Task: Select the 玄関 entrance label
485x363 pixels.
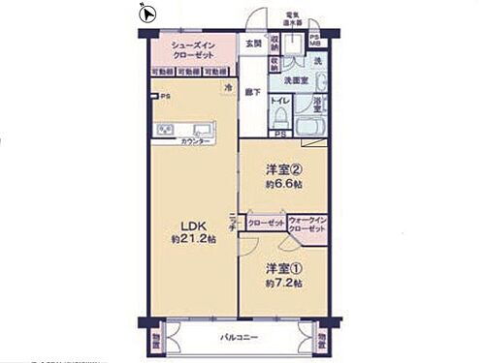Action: point(252,45)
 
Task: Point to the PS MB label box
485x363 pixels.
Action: point(315,43)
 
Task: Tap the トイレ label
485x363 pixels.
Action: point(278,100)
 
